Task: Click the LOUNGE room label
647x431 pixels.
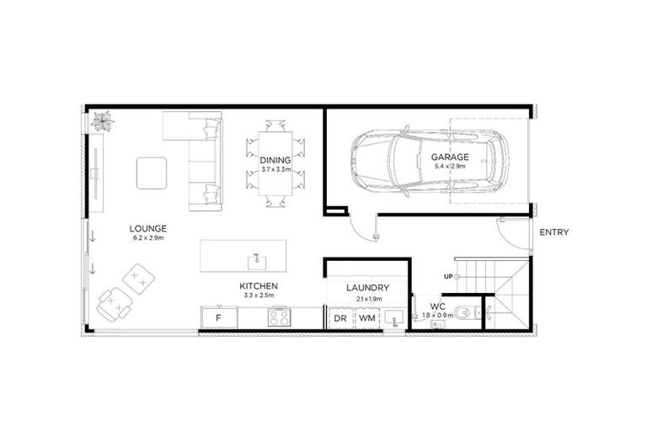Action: [147, 228]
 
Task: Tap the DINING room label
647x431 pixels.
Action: [275, 160]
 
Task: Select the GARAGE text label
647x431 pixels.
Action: [450, 157]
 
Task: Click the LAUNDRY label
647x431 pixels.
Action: [367, 287]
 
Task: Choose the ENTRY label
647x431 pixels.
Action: [554, 232]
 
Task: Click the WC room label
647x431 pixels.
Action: [436, 306]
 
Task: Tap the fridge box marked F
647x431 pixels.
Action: [219, 318]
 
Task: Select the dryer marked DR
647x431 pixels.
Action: [340, 318]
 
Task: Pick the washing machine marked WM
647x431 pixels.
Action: [366, 318]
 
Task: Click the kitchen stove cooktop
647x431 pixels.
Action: [279, 317]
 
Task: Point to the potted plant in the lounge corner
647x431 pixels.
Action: [103, 121]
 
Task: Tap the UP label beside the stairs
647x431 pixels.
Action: [449, 276]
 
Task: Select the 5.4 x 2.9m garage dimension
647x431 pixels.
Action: [450, 167]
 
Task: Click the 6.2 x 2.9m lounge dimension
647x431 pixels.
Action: [147, 238]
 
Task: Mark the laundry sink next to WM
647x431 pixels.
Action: [394, 318]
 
